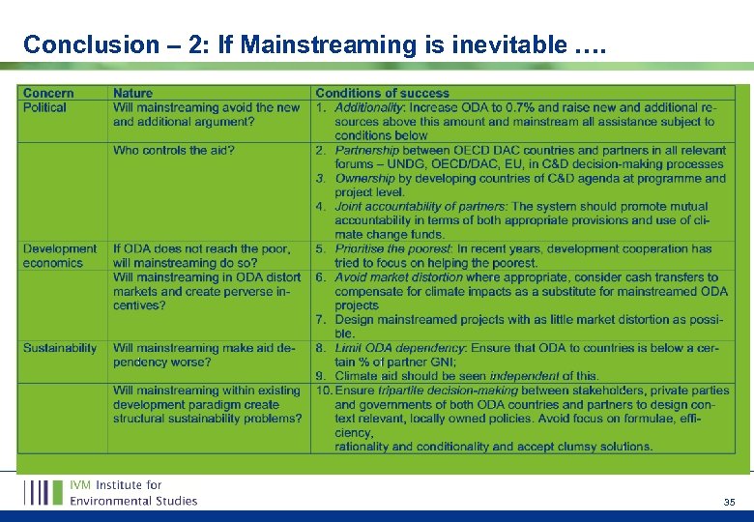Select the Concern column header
coord(48,94)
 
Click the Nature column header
coord(132,94)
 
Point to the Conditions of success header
coord(382,94)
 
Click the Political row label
coord(44,107)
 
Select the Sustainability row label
coord(60,347)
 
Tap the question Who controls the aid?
coord(173,150)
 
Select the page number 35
coord(729,502)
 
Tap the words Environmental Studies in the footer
coord(133,501)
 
